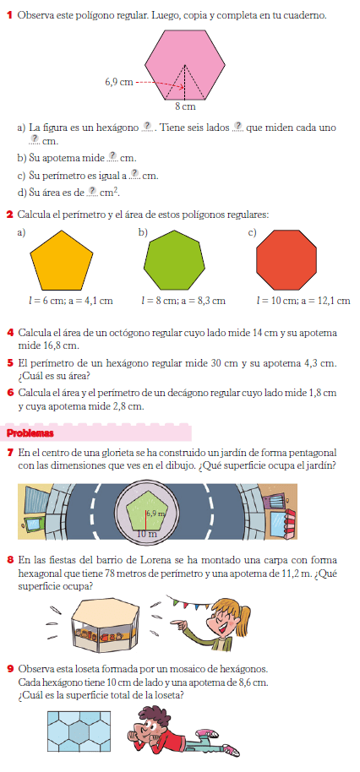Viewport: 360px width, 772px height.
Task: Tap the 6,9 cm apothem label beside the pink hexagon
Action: pyautogui.click(x=118, y=82)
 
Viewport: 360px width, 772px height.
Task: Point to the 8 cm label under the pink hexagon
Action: pyautogui.click(x=185, y=107)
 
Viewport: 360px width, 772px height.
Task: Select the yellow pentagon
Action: pyautogui.click(x=61, y=259)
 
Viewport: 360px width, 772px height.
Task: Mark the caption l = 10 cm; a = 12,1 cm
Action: pyautogui.click(x=303, y=300)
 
